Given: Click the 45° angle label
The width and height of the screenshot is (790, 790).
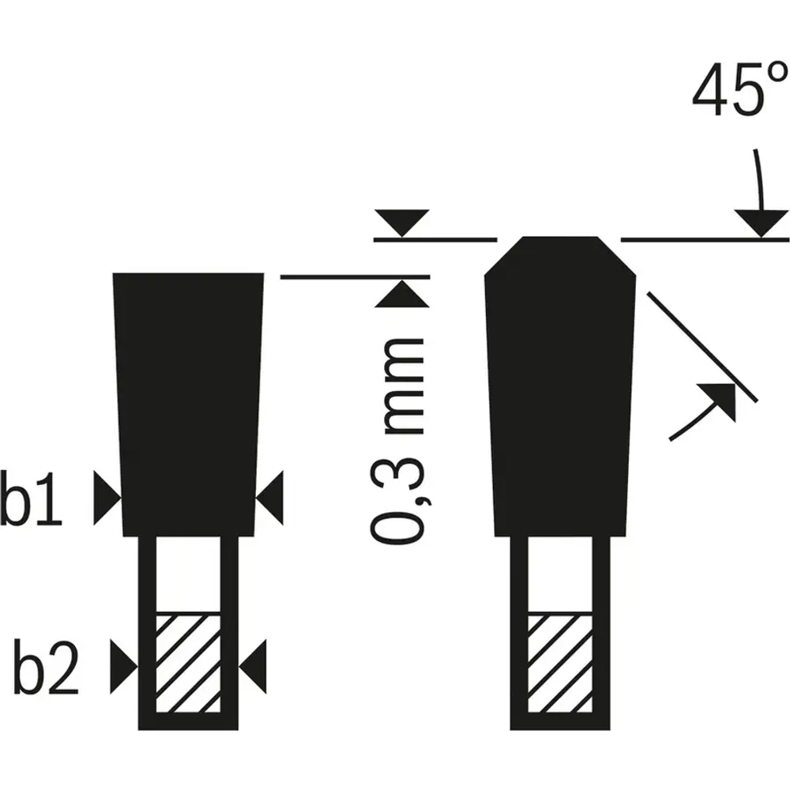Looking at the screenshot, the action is pos(739,90).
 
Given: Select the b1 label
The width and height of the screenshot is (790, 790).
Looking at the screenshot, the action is pos(32,498).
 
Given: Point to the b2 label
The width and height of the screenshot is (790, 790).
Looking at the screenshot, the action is pos(46,667).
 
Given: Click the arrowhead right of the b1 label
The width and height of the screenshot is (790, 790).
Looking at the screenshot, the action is pos(107,498).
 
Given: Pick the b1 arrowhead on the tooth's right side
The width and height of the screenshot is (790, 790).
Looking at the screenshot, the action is pos(269,498).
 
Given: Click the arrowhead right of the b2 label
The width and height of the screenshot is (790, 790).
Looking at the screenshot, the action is pos(124,667).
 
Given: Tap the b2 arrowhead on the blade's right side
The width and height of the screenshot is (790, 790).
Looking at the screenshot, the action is pos(253,667).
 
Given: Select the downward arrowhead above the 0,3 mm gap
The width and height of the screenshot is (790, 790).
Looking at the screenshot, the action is pos(402,223).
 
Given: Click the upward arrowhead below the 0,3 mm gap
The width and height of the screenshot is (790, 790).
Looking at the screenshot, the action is pos(402,294).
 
